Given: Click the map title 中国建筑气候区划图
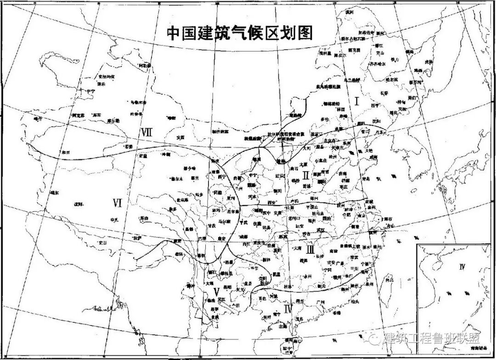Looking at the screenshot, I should (x=239, y=33).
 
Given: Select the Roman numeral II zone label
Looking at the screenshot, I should (x=307, y=175).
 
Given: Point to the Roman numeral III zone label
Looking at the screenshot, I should (x=310, y=249).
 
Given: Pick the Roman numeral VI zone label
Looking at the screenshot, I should (x=117, y=202).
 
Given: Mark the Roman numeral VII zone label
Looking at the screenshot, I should (x=147, y=132).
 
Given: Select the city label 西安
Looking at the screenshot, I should (x=272, y=202).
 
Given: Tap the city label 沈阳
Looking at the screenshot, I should (x=377, y=121).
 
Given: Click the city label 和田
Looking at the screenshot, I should (x=65, y=151).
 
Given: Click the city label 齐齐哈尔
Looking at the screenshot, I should (x=365, y=64).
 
